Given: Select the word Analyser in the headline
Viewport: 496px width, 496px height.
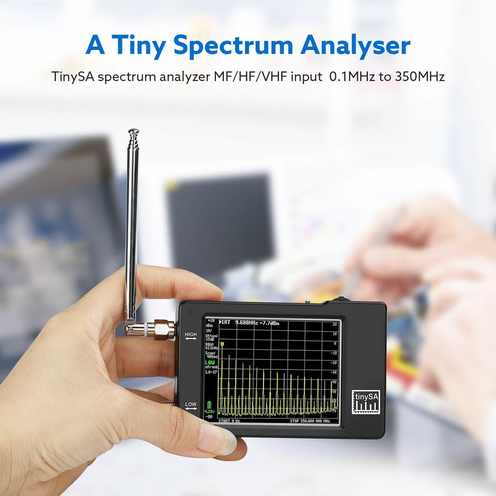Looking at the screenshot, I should point(355,45).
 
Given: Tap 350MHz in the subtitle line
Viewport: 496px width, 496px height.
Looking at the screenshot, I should point(420,77).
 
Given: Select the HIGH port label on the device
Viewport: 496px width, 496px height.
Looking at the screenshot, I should point(191,335).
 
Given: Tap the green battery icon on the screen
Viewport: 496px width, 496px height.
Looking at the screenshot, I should point(209,404).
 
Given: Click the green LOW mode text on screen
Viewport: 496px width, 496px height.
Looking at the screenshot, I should point(210,362).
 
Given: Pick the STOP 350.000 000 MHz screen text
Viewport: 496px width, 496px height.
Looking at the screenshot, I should point(313,421).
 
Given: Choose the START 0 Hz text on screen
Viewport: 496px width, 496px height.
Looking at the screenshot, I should point(229,421).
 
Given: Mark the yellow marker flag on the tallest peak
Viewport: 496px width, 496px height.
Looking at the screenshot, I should point(222,344).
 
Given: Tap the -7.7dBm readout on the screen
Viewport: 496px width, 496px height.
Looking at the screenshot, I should point(269,323).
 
